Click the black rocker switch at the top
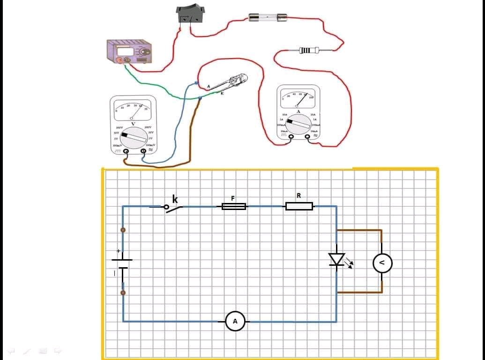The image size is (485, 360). tap(191, 14)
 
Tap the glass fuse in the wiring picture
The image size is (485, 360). tap(268, 18)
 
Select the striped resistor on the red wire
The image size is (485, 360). tap(310, 50)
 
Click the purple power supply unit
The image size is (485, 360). tap(130, 52)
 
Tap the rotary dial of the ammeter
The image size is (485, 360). tap(299, 124)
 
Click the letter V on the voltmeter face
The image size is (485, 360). tap(133, 124)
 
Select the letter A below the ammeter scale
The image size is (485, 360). tap(298, 111)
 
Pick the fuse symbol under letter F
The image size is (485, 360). tap(234, 206)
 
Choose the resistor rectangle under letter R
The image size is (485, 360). tap(299, 206)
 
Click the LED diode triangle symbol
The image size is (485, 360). tap(336, 259)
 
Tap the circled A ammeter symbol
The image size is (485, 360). tap(235, 321)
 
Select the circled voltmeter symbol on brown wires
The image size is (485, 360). tap(382, 263)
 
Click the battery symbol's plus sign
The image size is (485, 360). tap(118, 251)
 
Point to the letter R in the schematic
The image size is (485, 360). tap(298, 195)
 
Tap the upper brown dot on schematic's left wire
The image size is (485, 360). tap(123, 230)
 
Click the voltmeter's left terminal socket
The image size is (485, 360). tap(126, 151)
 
